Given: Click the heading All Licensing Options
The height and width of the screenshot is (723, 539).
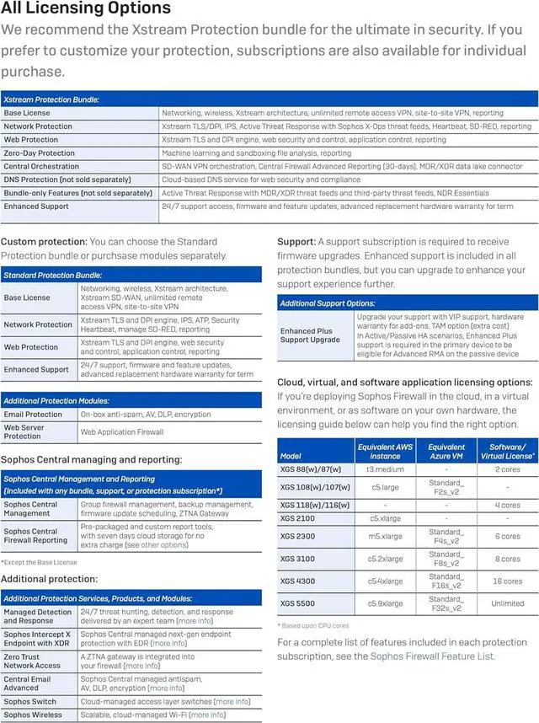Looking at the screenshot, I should pyautogui.click(x=86, y=9).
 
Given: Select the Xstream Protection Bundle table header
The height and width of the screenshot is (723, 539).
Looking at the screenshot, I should pyautogui.click(x=52, y=99).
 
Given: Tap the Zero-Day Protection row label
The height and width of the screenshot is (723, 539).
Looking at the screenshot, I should pyautogui.click(x=40, y=153).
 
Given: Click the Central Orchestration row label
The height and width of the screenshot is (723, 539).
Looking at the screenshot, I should pyautogui.click(x=41, y=167).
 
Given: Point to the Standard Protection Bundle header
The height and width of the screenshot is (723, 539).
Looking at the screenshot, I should pyautogui.click(x=52, y=275).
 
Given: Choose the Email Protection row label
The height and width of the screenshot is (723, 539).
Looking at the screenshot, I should pyautogui.click(x=33, y=415).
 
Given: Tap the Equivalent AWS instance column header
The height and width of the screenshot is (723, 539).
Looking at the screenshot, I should pyautogui.click(x=386, y=451).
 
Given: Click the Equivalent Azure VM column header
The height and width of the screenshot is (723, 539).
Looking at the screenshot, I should pyautogui.click(x=446, y=451).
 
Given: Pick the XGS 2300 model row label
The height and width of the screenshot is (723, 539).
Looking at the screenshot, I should pyautogui.click(x=297, y=536).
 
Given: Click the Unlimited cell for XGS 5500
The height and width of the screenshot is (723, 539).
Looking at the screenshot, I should pyautogui.click(x=507, y=603).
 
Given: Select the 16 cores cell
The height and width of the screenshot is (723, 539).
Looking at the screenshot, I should pyautogui.click(x=507, y=581).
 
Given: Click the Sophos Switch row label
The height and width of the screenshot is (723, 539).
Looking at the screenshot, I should pyautogui.click(x=29, y=701).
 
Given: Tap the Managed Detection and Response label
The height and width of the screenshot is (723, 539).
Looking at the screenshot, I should pyautogui.click(x=37, y=617).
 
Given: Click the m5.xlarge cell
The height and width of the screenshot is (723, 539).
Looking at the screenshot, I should pyautogui.click(x=386, y=536).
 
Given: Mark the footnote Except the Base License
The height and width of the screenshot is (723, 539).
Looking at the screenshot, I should pyautogui.click(x=39, y=562).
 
